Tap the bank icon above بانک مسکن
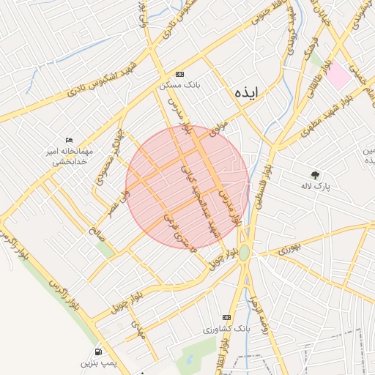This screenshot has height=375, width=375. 180,75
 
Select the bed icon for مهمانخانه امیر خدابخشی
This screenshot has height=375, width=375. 70,140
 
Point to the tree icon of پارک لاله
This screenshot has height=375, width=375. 315,174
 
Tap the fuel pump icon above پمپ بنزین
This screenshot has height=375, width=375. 99,351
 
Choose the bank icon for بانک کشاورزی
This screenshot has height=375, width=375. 226,317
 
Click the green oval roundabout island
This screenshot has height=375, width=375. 244,253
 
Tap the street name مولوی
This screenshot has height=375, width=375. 219,128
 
